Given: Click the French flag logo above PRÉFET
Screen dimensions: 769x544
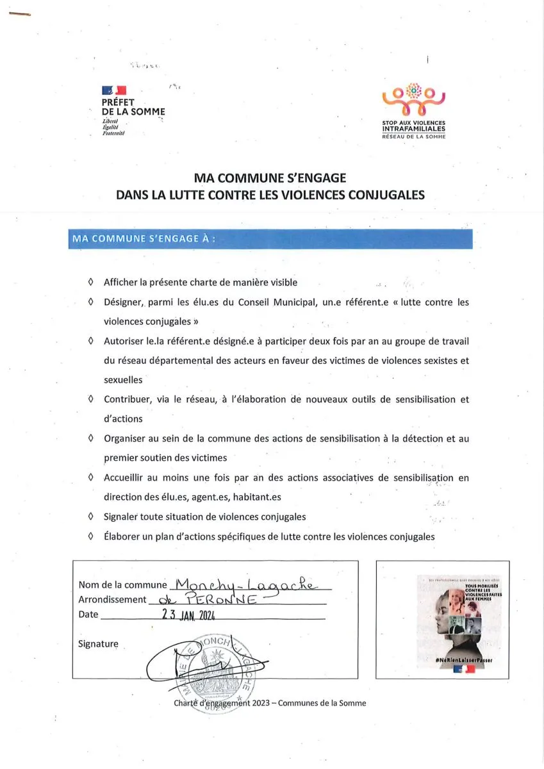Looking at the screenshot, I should click(x=113, y=91).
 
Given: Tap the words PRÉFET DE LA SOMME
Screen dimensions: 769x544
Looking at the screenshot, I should click(x=133, y=107).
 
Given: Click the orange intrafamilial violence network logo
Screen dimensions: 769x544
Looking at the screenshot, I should click(x=413, y=99).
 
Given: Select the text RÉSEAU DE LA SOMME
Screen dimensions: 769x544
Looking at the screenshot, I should click(x=413, y=136).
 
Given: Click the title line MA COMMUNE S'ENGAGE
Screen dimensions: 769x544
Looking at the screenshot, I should click(x=270, y=179).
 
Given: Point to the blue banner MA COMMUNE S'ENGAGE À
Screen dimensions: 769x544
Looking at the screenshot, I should click(x=270, y=239).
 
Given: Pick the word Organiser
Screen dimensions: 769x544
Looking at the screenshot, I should click(x=126, y=438).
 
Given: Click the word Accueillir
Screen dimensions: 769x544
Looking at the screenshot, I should click(x=126, y=477).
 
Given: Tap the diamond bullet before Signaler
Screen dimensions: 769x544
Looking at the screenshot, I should click(x=90, y=517).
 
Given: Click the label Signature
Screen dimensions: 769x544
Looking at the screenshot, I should click(x=98, y=643).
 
